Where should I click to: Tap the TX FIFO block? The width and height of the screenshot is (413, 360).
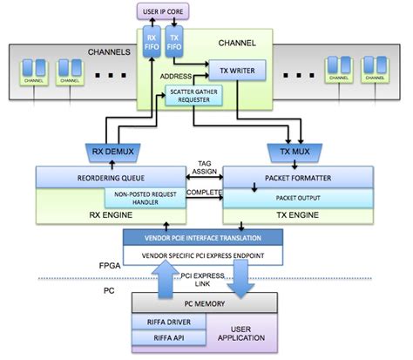(x=175, y=44)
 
